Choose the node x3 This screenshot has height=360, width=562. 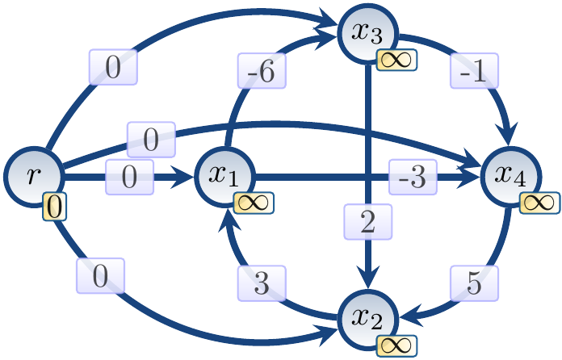(367, 32)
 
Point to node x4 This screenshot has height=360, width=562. (511, 175)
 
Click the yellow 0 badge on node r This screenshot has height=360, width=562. (53, 207)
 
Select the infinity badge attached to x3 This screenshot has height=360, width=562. (396, 59)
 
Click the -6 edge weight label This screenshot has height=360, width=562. (258, 70)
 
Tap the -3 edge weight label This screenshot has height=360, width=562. (413, 177)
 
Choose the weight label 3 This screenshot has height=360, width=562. (260, 283)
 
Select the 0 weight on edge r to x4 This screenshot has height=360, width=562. (151, 139)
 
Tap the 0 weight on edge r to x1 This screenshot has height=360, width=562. (130, 177)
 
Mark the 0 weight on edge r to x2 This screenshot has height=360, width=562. (100, 277)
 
